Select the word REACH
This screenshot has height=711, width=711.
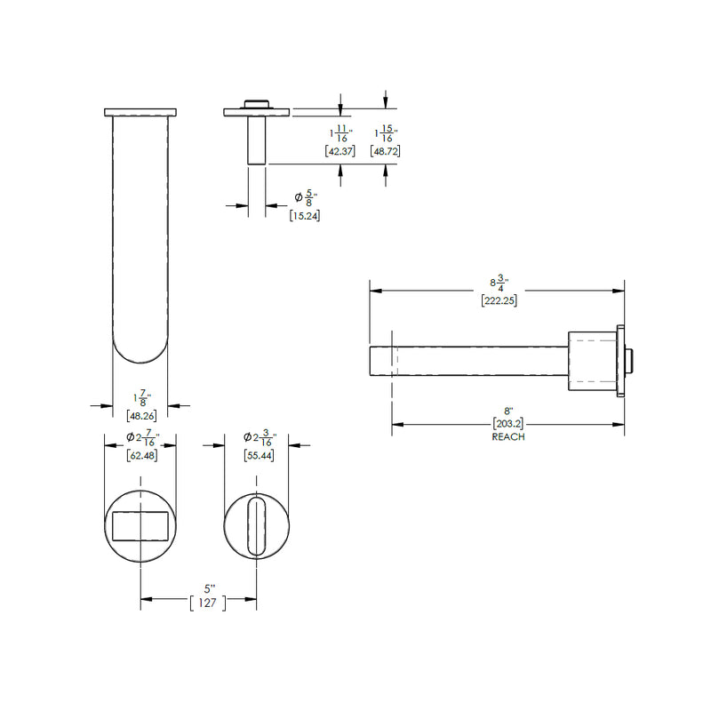(x=508, y=437)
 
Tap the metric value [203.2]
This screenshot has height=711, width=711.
(x=508, y=425)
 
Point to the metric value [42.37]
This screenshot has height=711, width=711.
(x=340, y=152)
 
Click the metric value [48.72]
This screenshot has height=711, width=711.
(x=385, y=152)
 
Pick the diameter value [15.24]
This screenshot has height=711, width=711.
(x=305, y=215)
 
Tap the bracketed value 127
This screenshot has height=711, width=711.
(x=208, y=602)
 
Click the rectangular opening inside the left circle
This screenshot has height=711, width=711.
(x=140, y=525)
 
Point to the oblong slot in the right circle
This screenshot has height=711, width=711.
(x=257, y=526)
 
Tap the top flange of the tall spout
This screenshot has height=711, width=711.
(x=140, y=112)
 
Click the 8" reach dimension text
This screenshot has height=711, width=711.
(x=508, y=411)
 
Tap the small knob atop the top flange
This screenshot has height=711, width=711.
(x=256, y=103)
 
